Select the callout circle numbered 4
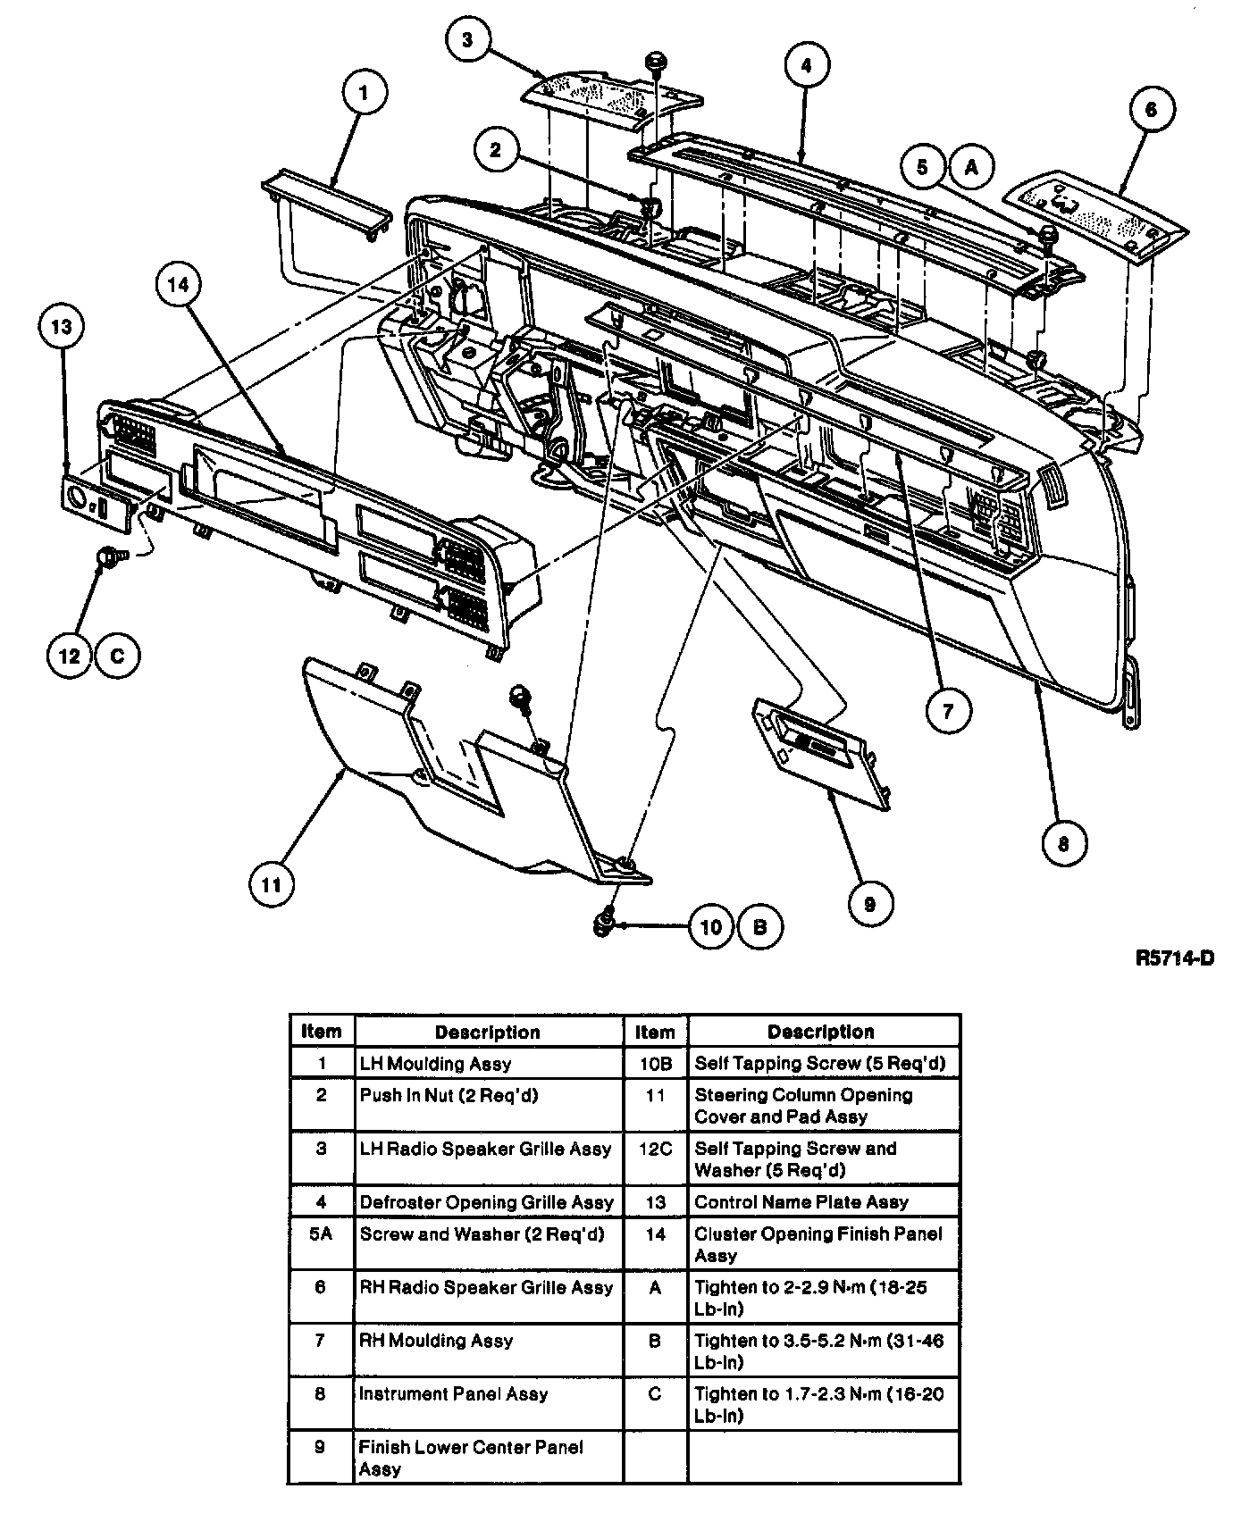point(806,65)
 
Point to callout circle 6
point(1150,109)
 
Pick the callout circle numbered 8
point(1063,841)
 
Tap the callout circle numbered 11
point(272,884)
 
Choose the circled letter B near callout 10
point(759,927)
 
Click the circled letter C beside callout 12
point(117,656)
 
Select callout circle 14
point(179,284)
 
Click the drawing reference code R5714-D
point(1174,958)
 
